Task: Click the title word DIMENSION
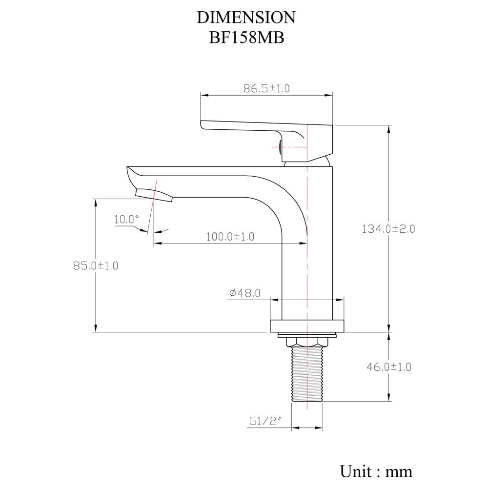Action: (x=246, y=18)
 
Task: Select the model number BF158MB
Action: (x=246, y=38)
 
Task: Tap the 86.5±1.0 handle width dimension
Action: (x=266, y=88)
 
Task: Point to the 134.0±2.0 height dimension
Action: (x=388, y=229)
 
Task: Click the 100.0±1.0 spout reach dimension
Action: (x=230, y=237)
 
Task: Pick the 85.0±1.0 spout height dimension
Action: (x=96, y=266)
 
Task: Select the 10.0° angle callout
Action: (x=126, y=220)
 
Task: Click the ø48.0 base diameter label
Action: (x=245, y=293)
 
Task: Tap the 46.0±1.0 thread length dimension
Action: (x=389, y=367)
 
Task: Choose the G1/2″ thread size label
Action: (x=265, y=422)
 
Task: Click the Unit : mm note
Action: (x=376, y=471)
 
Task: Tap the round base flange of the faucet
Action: (x=307, y=326)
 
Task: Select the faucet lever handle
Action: (x=267, y=137)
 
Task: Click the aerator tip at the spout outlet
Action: (x=154, y=195)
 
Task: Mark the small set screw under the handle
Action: (x=280, y=147)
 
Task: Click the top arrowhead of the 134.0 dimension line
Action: (x=389, y=128)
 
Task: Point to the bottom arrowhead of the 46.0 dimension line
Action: (x=389, y=398)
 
